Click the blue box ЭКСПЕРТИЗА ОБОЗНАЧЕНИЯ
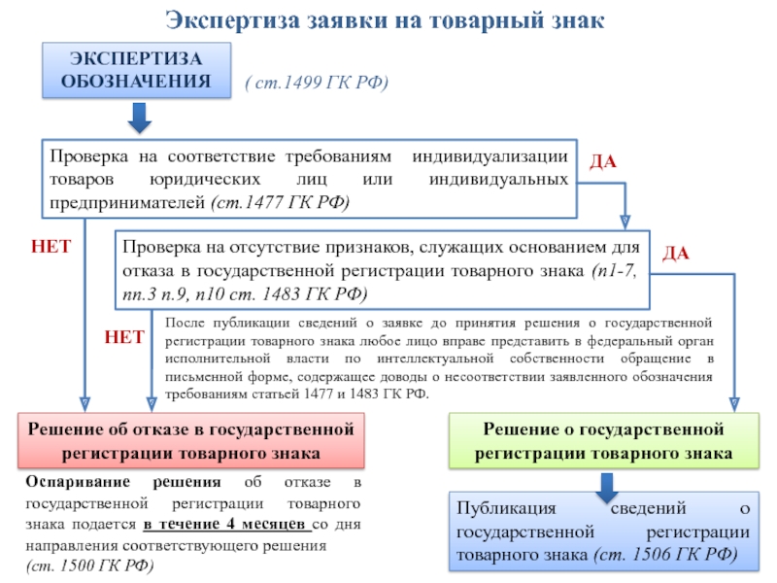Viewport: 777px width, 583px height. (x=136, y=70)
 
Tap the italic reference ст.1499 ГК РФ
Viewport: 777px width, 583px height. (x=317, y=83)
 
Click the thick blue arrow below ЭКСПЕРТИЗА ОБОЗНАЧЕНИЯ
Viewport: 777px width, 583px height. (x=139, y=118)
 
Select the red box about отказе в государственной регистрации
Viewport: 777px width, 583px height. (x=191, y=441)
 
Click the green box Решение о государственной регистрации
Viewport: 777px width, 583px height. (x=603, y=441)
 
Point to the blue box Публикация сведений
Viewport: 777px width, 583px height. (x=603, y=532)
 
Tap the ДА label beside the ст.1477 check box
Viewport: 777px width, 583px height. (x=603, y=162)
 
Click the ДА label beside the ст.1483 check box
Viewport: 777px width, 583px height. (x=676, y=254)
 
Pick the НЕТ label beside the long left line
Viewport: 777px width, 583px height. (x=51, y=247)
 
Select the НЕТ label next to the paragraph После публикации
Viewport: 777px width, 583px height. (x=124, y=337)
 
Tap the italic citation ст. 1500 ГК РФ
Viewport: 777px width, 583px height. (x=89, y=566)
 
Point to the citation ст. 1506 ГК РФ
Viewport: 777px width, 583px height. (x=665, y=554)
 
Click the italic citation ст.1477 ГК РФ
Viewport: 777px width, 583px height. (x=281, y=202)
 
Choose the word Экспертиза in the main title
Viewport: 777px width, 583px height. (x=233, y=20)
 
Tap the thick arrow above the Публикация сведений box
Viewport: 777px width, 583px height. (x=606, y=488)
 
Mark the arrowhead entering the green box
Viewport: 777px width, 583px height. (x=734, y=404)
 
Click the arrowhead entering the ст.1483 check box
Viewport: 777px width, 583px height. (x=625, y=223)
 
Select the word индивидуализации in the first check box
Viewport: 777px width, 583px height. (x=490, y=156)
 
